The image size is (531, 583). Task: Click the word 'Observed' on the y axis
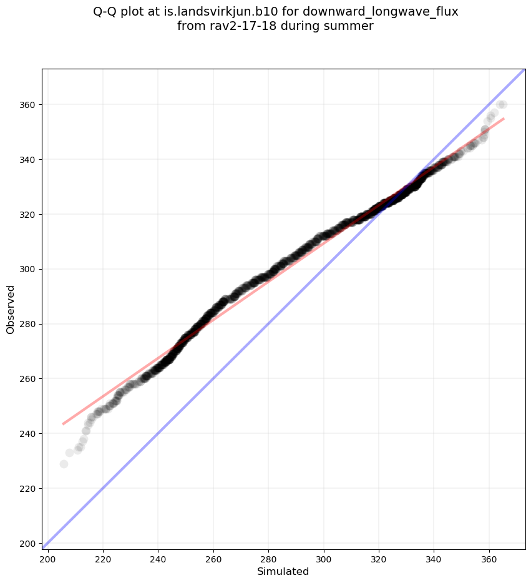(x=11, y=310)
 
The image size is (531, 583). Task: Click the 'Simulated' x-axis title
(x=283, y=571)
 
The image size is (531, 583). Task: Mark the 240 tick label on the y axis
(x=29, y=433)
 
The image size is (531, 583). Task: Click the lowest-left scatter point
(x=64, y=464)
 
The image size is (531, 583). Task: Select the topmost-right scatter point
(x=502, y=104)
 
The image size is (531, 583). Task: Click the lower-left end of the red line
(x=64, y=424)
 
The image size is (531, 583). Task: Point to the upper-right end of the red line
(x=503, y=119)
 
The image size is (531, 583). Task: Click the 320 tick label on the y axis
(x=29, y=214)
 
